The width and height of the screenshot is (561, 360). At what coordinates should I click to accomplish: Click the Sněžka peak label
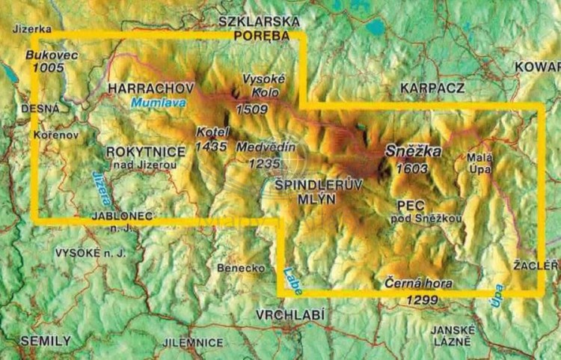(414, 151)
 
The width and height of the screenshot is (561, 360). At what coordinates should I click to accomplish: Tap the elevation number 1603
(414, 168)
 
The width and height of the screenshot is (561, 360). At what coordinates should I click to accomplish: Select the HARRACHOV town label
(151, 88)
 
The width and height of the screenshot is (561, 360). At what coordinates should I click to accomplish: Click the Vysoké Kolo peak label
(260, 86)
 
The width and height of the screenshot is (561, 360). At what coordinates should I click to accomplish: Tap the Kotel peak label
(211, 132)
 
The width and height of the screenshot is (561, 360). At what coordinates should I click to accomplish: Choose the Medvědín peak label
(266, 147)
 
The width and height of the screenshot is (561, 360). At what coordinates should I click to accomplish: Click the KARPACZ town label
(432, 88)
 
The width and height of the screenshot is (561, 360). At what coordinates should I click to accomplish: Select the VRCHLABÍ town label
(290, 314)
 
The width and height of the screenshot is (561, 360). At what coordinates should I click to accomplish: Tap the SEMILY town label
(46, 341)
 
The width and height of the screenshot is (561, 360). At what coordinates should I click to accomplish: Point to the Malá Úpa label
(480, 164)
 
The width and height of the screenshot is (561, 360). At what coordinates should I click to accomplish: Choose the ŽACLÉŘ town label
(537, 265)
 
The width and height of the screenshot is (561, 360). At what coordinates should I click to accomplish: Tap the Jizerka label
(32, 29)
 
